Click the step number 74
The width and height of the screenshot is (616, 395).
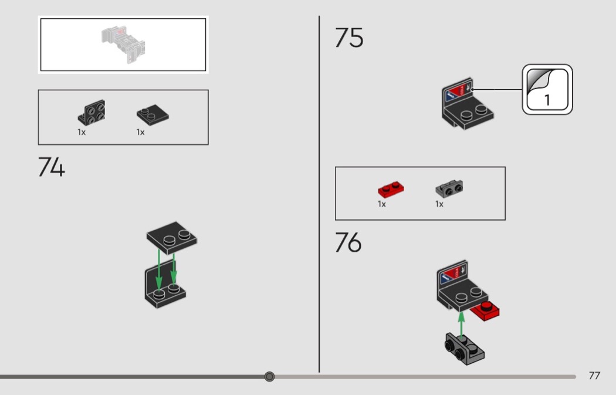click(52, 167)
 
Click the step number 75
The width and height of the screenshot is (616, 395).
click(349, 38)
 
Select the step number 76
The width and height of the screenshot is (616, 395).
click(348, 243)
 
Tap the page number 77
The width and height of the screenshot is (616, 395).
click(594, 376)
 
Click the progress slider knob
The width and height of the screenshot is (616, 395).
click(269, 376)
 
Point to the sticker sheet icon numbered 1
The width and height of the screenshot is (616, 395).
click(547, 89)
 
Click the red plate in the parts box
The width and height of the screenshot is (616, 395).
click(392, 190)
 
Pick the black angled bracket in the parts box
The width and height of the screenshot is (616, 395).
click(92, 113)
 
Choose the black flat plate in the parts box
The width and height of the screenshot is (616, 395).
click(153, 114)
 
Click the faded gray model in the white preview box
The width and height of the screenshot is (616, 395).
click(123, 43)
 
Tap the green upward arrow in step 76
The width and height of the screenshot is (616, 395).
click(461, 322)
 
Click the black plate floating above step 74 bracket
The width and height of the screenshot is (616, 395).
click(171, 238)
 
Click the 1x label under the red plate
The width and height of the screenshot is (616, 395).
click(382, 204)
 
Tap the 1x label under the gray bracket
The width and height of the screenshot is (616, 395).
click(439, 204)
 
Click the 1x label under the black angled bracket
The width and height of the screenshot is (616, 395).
click(82, 132)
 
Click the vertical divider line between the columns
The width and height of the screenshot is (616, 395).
click(319, 194)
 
